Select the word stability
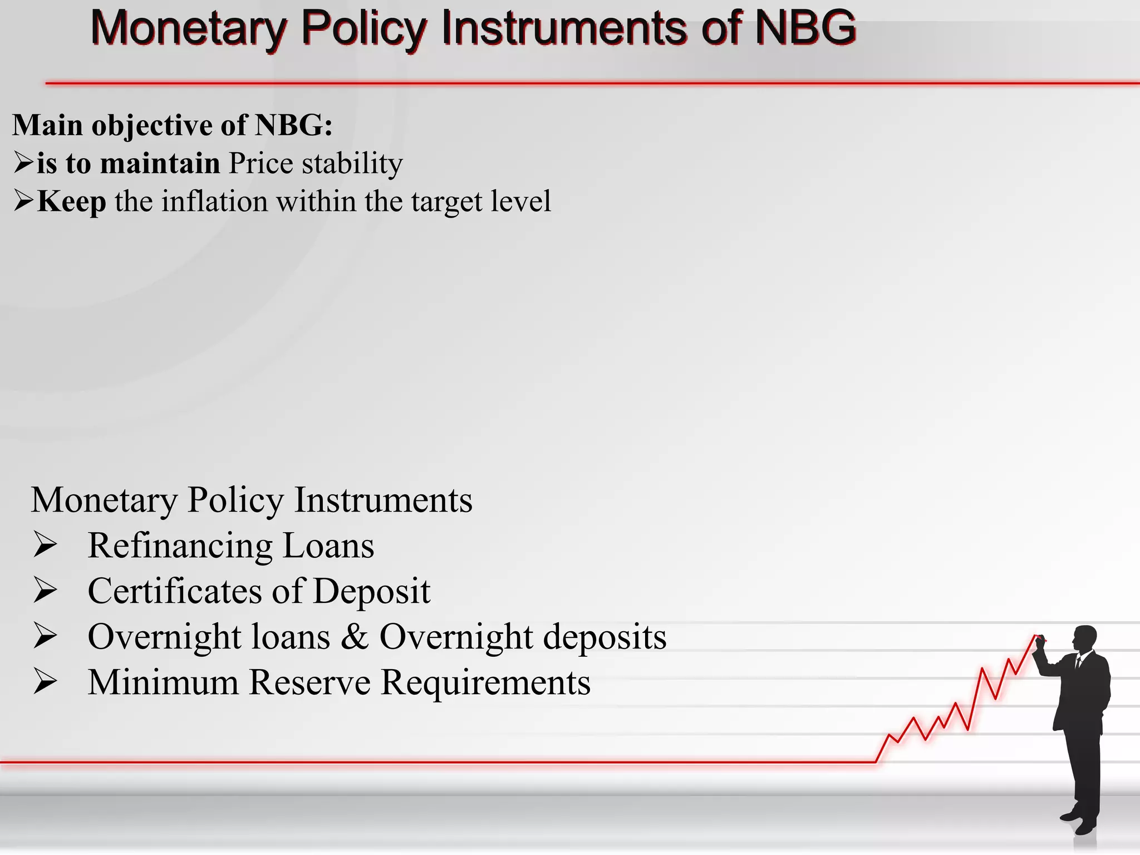click(352, 164)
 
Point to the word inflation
click(214, 202)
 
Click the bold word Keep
click(71, 202)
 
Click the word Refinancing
click(180, 546)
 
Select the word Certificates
click(174, 591)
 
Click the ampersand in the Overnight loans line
click(355, 637)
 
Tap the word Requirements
click(485, 682)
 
